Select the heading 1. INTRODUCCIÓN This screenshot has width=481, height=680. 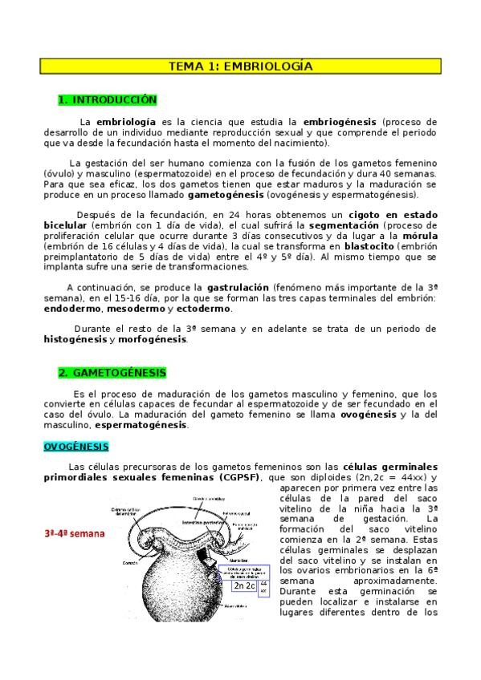(108, 100)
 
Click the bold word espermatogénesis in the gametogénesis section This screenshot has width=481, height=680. (141, 425)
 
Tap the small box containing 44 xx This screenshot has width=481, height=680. (263, 586)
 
